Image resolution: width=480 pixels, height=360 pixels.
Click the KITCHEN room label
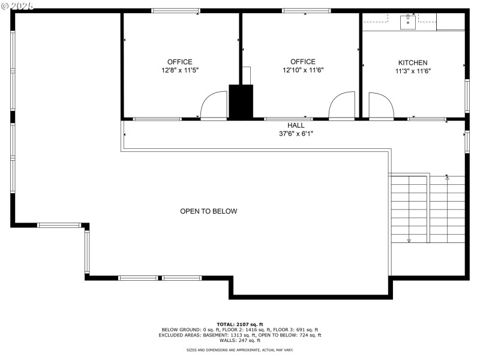pos(413,62)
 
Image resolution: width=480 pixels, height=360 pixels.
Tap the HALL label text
pos(295,125)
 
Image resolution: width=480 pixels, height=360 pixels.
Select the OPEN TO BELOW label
pos(209,211)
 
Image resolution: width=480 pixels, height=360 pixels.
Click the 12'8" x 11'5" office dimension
pos(179,70)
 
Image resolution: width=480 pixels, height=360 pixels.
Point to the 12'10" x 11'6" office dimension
pos(302,70)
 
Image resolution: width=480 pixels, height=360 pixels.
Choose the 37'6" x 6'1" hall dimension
pos(296,134)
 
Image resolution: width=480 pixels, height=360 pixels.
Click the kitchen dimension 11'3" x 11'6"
pos(413,71)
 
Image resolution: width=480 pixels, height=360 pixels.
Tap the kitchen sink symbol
pos(409,23)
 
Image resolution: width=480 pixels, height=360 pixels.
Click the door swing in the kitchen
pos(380,106)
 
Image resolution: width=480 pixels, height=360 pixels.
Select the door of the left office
pos(213,106)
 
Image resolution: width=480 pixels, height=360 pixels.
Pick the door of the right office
pos(342,106)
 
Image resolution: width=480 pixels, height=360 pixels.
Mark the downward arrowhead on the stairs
pos(409,240)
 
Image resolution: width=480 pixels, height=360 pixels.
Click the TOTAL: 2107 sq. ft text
pos(239,324)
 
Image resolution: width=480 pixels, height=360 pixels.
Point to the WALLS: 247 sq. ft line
pos(239,340)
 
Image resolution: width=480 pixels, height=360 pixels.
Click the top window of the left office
pos(175,10)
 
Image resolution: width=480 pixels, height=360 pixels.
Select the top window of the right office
pos(306,10)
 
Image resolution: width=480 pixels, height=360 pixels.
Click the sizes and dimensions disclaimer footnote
pos(239,350)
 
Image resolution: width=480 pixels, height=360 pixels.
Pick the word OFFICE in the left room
pos(179,62)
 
